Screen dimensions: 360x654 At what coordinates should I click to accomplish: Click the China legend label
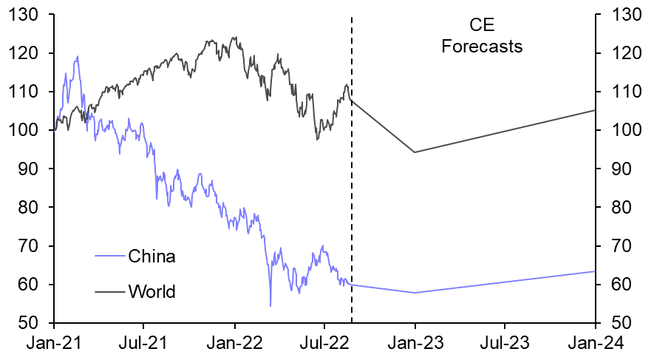click(x=151, y=257)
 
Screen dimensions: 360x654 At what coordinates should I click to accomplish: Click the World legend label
click(x=151, y=292)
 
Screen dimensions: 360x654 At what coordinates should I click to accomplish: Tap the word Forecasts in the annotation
click(x=482, y=47)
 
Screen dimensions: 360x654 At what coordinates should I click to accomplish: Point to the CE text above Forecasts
click(x=482, y=27)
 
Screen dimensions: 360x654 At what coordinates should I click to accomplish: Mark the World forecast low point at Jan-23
click(x=415, y=152)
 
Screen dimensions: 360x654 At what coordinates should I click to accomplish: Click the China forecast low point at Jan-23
click(x=415, y=293)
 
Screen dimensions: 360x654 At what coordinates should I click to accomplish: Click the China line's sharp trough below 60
click(x=270, y=305)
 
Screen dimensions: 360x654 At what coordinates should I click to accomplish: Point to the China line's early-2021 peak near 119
click(x=78, y=56)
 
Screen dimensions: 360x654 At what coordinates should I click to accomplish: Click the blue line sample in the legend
click(x=109, y=257)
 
